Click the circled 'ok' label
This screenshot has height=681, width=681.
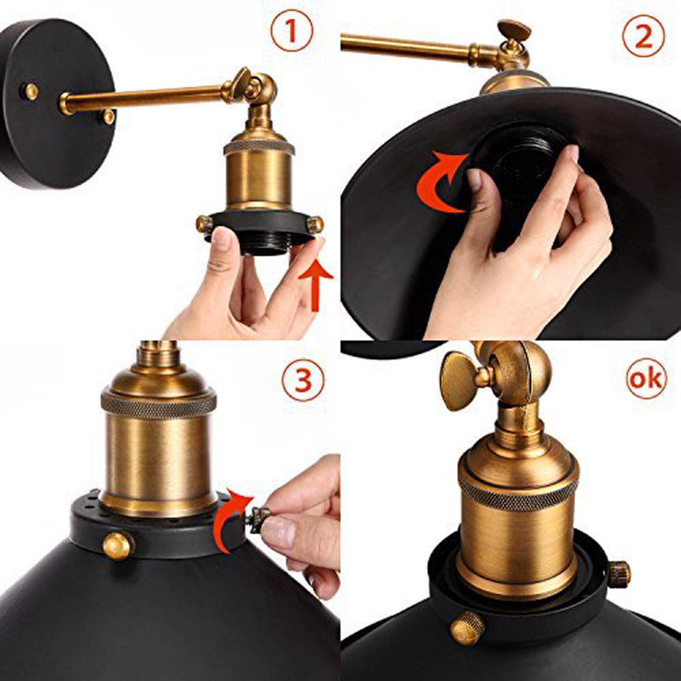point(644,379)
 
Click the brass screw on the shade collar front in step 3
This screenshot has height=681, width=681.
point(118,545)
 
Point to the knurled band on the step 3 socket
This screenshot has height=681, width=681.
point(158,401)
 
